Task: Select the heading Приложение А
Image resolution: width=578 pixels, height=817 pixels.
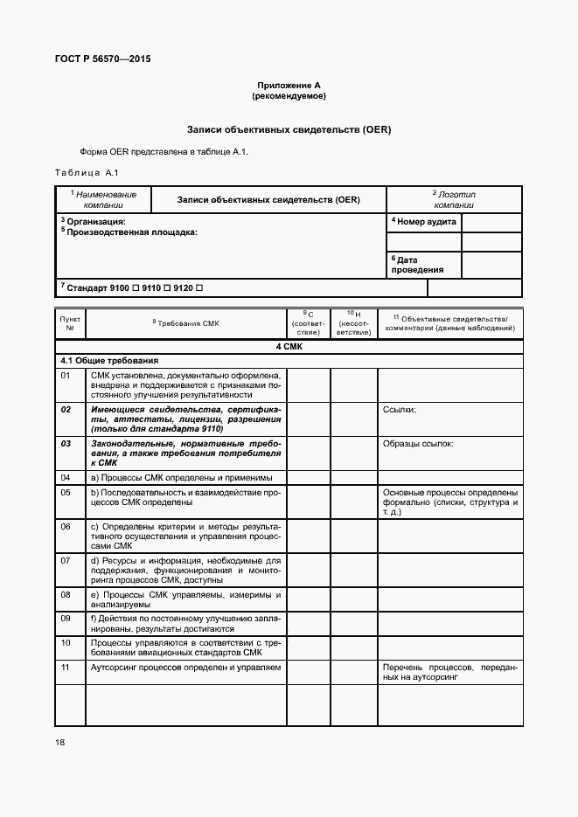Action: click(x=289, y=85)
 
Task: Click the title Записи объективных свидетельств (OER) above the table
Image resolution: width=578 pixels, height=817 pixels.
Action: click(x=289, y=129)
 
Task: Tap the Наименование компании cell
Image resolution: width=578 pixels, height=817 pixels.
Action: click(x=104, y=198)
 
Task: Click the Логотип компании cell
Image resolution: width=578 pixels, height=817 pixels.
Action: click(x=454, y=198)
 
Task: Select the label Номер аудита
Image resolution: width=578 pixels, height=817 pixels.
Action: click(x=423, y=222)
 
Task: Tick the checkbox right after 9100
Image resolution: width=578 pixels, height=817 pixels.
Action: click(x=135, y=287)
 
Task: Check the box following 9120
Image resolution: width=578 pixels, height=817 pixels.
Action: click(x=200, y=287)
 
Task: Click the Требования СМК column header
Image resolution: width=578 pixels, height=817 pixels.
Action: click(x=185, y=323)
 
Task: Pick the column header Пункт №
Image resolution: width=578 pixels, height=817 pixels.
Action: click(x=70, y=323)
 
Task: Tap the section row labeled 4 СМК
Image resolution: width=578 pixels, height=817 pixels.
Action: click(x=289, y=347)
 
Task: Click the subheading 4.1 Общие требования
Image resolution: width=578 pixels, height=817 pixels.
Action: click(x=108, y=360)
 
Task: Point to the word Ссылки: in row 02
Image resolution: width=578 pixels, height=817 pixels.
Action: click(x=400, y=409)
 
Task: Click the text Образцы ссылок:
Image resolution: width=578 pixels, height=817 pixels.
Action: click(x=418, y=444)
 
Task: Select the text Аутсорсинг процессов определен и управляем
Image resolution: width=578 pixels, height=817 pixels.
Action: click(x=185, y=668)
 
